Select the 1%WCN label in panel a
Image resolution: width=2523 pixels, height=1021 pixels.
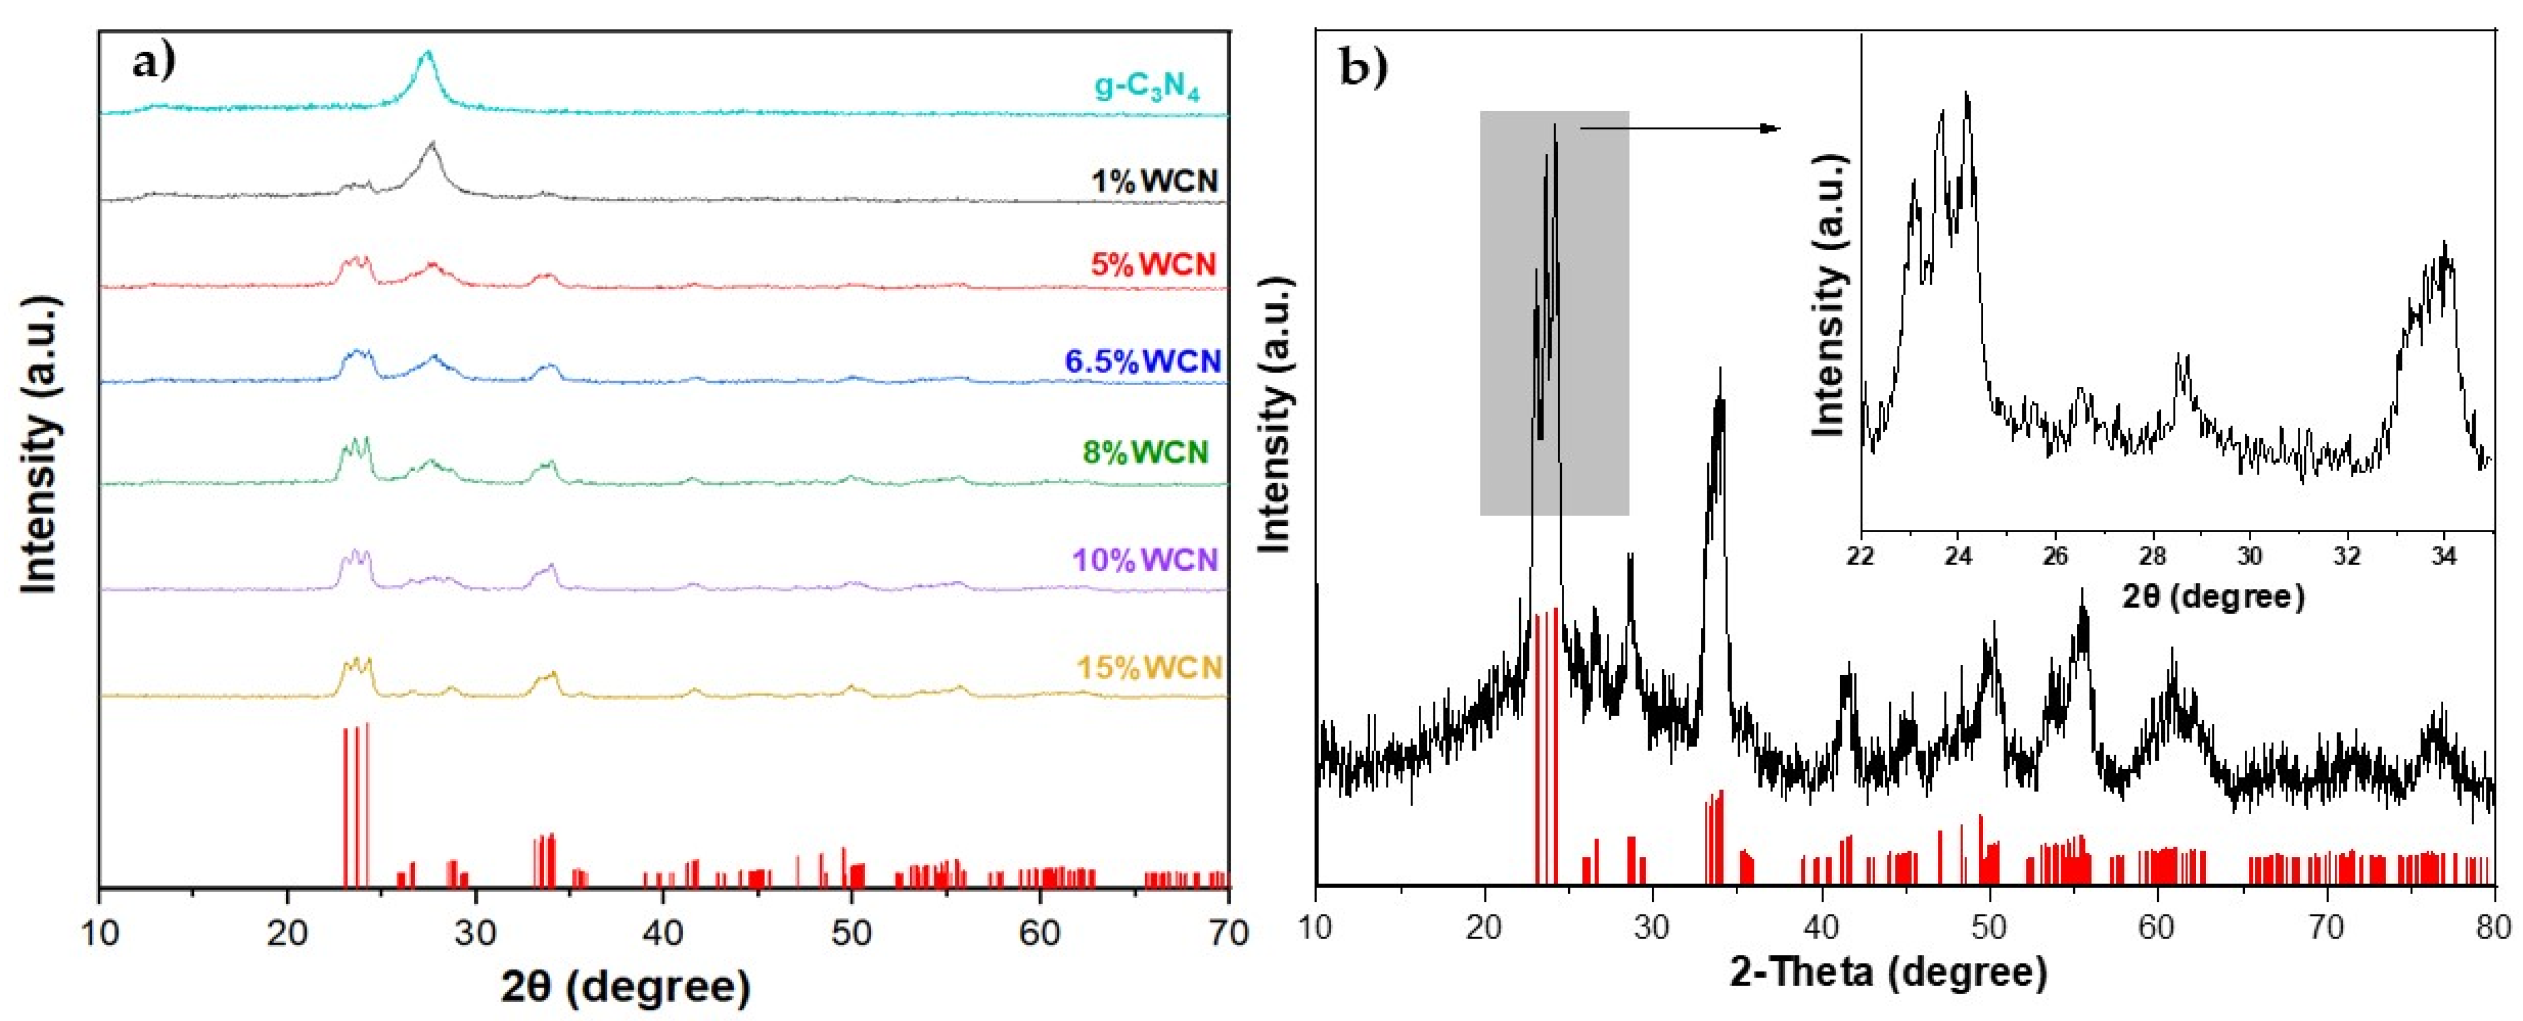click(1155, 181)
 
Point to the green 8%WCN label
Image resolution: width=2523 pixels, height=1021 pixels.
click(1145, 452)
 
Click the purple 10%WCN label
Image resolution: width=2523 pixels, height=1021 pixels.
click(1145, 560)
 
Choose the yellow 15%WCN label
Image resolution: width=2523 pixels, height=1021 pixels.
click(1150, 668)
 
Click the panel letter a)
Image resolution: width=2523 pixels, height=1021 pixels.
click(154, 64)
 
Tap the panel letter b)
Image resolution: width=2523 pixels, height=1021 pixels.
click(1364, 68)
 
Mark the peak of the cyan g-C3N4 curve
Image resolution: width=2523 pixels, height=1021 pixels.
click(426, 53)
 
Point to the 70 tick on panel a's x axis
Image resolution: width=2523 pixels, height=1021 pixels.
click(1226, 933)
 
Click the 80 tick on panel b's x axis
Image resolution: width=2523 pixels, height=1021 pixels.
click(2493, 926)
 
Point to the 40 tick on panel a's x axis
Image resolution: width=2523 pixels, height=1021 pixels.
click(663, 933)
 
